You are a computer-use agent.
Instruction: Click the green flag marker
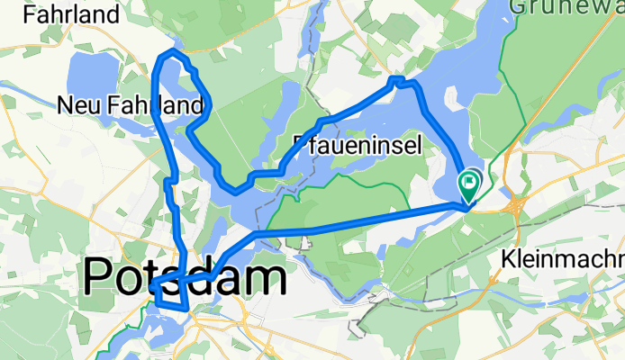(469, 184)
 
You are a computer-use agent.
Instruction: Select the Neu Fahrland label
(130, 106)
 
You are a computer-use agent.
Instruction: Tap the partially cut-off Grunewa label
(566, 5)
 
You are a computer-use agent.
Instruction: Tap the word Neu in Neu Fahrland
(77, 106)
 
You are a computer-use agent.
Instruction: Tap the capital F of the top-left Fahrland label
(31, 14)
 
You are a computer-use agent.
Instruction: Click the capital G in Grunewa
(519, 5)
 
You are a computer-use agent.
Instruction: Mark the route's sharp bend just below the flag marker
(465, 207)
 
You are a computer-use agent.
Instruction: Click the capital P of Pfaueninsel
(301, 146)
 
